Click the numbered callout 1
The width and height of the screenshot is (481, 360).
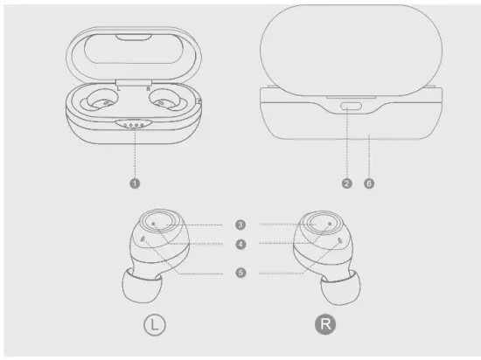[135, 183]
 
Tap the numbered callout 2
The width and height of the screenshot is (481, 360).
[347, 183]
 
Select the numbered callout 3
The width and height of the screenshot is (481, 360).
[240, 224]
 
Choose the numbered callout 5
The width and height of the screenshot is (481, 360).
[240, 273]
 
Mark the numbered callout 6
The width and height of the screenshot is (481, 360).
[369, 183]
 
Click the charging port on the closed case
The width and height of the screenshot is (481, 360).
[352, 107]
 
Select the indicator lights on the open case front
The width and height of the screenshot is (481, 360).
[135, 124]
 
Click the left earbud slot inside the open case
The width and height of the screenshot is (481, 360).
[103, 103]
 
